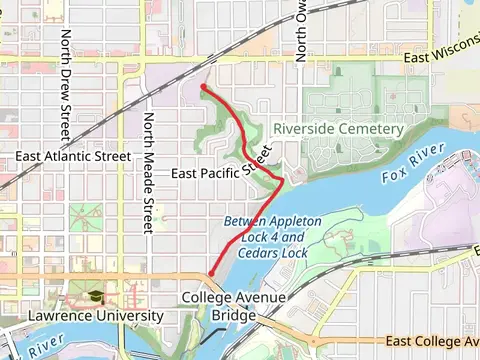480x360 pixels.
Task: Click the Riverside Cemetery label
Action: pyautogui.click(x=338, y=129)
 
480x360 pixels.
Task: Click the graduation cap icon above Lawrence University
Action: pyautogui.click(x=94, y=298)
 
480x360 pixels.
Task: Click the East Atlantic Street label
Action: pyautogui.click(x=73, y=157)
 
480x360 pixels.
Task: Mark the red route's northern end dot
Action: pyautogui.click(x=204, y=88)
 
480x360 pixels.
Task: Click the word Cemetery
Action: pyautogui.click(x=370, y=129)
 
